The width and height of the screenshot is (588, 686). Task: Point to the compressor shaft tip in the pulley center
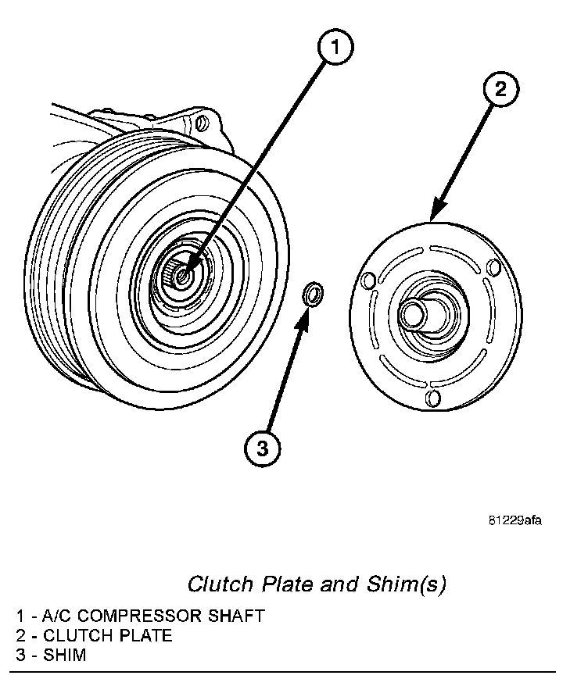[183, 274]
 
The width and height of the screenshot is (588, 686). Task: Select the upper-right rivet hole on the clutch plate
[493, 267]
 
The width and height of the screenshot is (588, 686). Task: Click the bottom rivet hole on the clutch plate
[432, 399]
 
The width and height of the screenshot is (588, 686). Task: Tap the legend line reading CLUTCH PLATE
[94, 635]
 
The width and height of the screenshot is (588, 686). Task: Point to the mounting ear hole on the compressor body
[201, 123]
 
